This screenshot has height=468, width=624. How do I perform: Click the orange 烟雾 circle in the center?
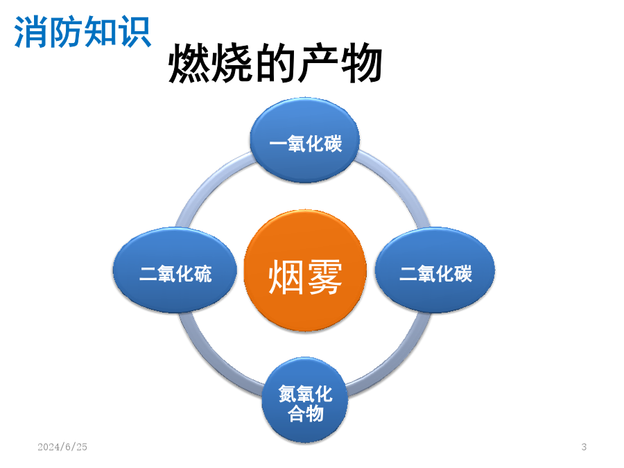(x=305, y=270)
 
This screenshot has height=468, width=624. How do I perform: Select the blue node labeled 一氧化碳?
(x=305, y=141)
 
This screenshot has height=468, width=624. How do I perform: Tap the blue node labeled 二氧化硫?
(x=175, y=270)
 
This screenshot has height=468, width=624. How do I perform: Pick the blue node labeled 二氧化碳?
(x=435, y=270)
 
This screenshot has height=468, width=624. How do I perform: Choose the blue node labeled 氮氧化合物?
(x=305, y=400)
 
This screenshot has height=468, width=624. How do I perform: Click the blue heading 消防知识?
(x=83, y=32)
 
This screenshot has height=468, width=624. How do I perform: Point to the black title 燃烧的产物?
(x=275, y=63)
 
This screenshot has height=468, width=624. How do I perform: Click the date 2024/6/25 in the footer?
(x=62, y=447)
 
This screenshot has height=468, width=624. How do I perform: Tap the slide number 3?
(x=584, y=447)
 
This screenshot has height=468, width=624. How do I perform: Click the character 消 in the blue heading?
(x=31, y=32)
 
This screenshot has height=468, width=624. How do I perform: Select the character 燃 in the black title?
(x=190, y=63)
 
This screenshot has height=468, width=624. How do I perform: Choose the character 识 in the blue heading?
(x=135, y=32)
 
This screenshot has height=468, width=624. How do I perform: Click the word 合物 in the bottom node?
(x=305, y=413)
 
